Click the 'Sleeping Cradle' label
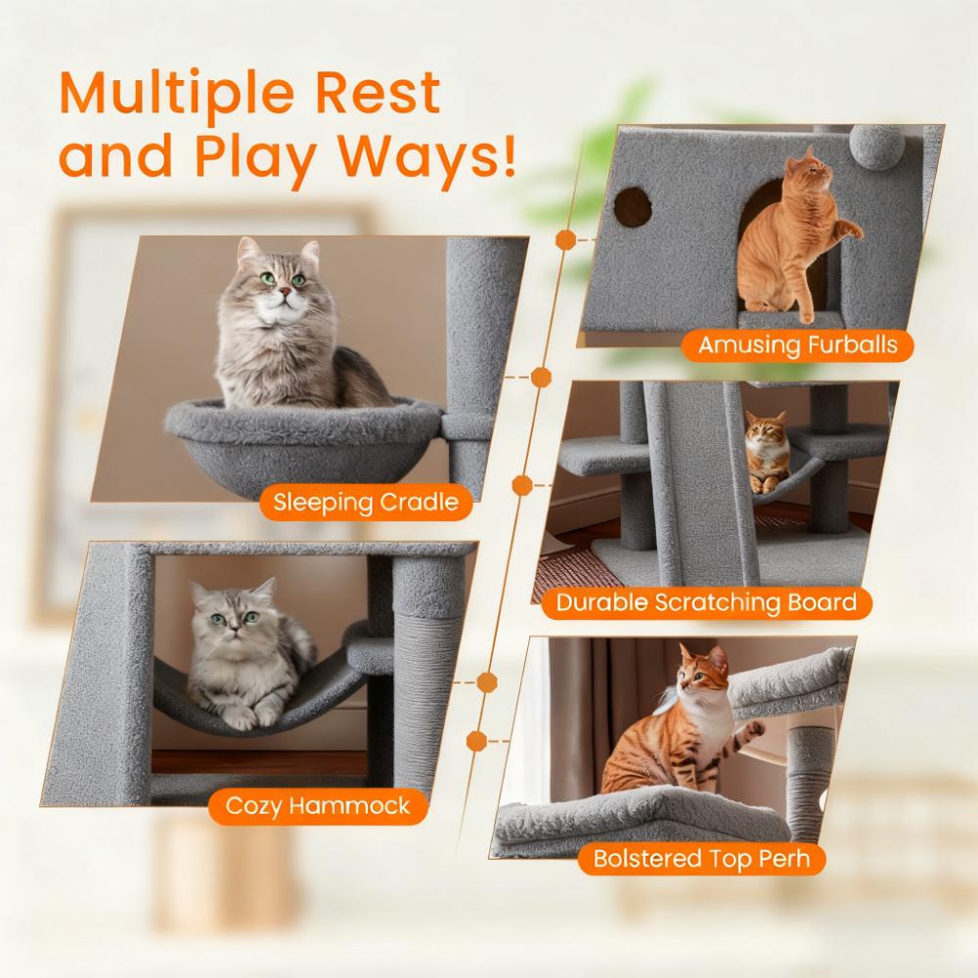pyautogui.click(x=366, y=504)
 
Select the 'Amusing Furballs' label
pyautogui.click(x=796, y=344)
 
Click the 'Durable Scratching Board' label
pyautogui.click(x=706, y=601)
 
